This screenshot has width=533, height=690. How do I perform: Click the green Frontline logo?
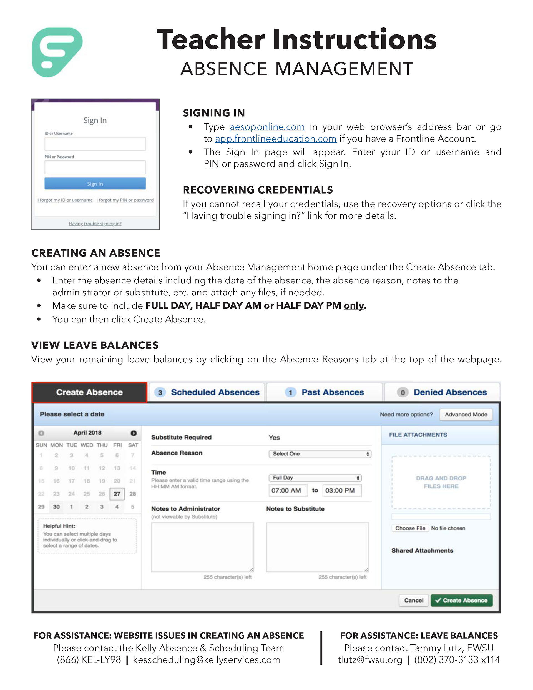point(57,52)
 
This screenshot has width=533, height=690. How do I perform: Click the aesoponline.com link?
point(267,127)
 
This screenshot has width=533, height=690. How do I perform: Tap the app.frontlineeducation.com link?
point(275,139)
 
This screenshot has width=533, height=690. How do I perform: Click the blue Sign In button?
point(95,184)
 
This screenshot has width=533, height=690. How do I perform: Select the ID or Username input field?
point(95,144)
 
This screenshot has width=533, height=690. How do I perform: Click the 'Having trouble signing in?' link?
point(95,224)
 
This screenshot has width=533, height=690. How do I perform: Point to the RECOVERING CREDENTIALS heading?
point(258,190)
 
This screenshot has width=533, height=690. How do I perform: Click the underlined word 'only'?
point(354,306)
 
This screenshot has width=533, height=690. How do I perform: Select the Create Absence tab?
point(89,392)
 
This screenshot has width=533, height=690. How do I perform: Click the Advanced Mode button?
point(466,415)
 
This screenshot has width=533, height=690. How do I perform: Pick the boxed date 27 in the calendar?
point(117,494)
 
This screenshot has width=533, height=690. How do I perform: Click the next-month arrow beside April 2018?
point(134,433)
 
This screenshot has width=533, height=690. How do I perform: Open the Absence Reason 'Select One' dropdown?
point(320,454)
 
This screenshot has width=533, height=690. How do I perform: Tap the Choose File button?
point(410,528)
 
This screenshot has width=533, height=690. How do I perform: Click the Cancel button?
point(414,600)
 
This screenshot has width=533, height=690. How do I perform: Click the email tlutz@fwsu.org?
point(370,660)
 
